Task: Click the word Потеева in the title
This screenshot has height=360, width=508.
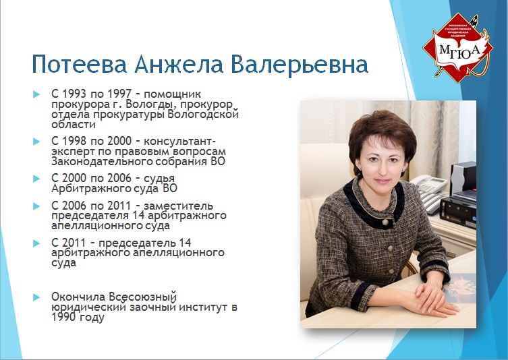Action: pyautogui.click(x=80, y=64)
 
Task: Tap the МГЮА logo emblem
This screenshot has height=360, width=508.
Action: pyautogui.click(x=458, y=48)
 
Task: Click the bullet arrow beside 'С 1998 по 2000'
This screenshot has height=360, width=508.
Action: pyautogui.click(x=36, y=142)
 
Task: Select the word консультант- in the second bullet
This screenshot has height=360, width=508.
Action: pyautogui.click(x=179, y=142)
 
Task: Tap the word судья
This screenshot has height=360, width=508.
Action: pyautogui.click(x=159, y=179)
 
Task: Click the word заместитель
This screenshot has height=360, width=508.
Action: pyautogui.click(x=179, y=206)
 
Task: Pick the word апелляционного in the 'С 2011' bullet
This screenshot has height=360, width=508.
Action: pyautogui.click(x=179, y=253)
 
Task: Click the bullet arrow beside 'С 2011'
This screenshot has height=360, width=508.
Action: pyautogui.click(x=36, y=243)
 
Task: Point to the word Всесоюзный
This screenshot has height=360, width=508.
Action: pyautogui.click(x=142, y=297)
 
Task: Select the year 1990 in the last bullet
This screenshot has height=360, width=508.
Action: pyautogui.click(x=64, y=318)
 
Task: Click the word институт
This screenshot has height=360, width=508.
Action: pyautogui.click(x=202, y=307)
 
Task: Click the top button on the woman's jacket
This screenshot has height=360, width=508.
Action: pyautogui.click(x=385, y=222)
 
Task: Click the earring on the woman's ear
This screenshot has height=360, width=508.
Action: pyautogui.click(x=404, y=170)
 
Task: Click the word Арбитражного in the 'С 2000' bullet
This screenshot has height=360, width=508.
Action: pyautogui.click(x=86, y=189)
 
